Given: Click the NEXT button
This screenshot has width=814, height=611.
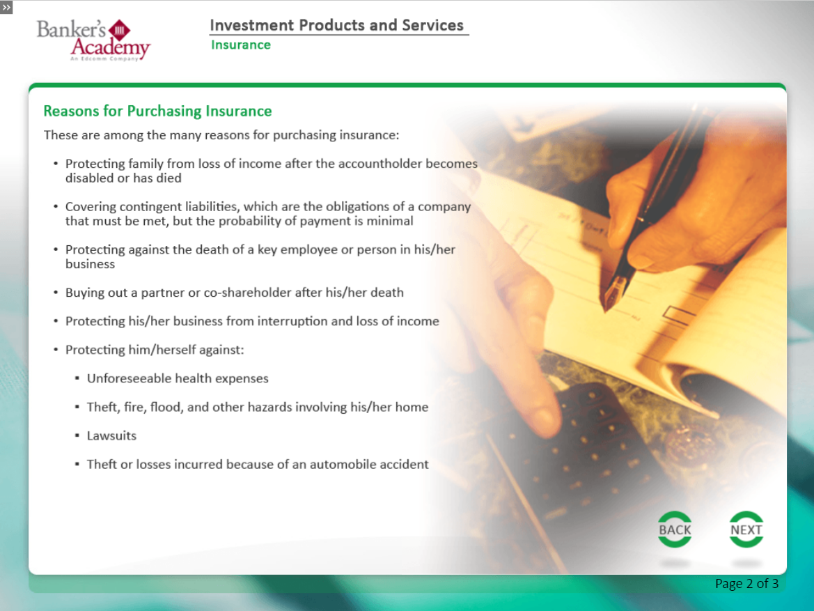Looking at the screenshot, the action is [x=746, y=529].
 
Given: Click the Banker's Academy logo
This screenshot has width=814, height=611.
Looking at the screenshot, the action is [x=93, y=40].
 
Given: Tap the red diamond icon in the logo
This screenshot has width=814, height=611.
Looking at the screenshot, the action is [x=119, y=30].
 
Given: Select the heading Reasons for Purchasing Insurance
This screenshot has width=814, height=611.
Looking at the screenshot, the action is [x=157, y=111].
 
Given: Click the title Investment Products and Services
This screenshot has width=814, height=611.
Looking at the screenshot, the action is [x=336, y=26].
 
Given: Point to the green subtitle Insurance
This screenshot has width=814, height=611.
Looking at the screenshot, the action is [x=240, y=45].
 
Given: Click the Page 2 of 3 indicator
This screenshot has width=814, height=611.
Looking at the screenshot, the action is [x=746, y=583].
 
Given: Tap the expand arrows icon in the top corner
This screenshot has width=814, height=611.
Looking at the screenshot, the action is [x=6, y=7].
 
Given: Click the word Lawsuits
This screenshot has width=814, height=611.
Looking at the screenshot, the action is [x=111, y=435].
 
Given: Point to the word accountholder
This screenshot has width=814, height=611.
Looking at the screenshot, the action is [x=380, y=164].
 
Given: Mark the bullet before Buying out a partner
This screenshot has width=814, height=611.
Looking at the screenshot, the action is [x=56, y=293].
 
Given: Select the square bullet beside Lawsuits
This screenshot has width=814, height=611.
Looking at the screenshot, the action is [x=77, y=435].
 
